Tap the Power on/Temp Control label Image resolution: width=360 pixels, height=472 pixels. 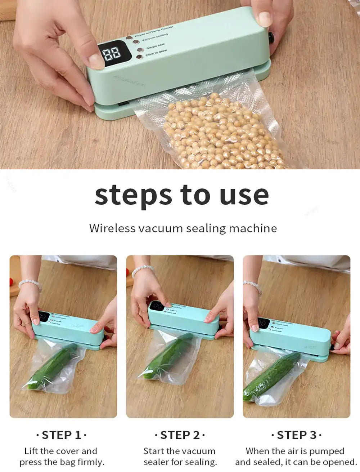[x=154, y=32]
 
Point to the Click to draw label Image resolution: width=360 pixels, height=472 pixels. [x=156, y=53]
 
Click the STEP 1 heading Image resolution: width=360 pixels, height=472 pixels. [x=62, y=435]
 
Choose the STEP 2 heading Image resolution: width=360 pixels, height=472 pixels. [x=180, y=435]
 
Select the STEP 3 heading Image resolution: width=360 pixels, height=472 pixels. [x=296, y=435]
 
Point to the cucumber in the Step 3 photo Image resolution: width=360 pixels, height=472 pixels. [x=272, y=377]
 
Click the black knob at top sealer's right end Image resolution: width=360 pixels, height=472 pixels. [x=271, y=37]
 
